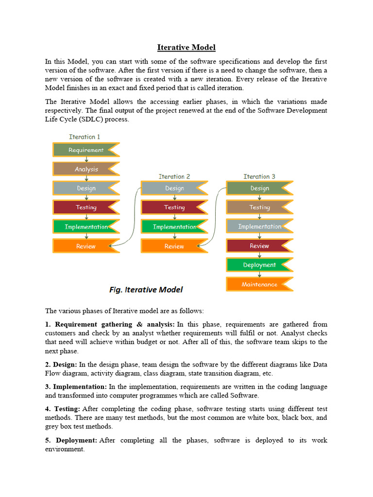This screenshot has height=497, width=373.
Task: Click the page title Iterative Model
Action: pos(186,47)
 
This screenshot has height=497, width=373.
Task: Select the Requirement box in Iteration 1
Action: pos(86,150)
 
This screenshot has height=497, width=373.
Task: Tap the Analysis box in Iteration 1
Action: pos(86,169)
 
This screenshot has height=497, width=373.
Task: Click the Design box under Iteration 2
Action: pos(174,188)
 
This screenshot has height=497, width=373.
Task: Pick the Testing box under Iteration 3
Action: pos(259,207)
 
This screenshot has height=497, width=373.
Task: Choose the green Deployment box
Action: pos(259,265)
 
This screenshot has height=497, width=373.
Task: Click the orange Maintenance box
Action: pos(259,284)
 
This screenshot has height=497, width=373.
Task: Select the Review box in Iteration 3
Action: pos(259,246)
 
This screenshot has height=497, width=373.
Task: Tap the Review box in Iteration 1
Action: pos(86,246)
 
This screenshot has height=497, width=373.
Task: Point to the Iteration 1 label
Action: pos(85,137)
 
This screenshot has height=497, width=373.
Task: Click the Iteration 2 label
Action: pos(174,177)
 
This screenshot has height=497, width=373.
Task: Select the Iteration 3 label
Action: pos(259,177)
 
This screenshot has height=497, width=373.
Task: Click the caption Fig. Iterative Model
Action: pos(146,290)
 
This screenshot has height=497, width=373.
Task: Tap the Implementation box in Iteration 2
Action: pos(174,227)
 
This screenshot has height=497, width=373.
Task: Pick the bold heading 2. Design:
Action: pos(61,364)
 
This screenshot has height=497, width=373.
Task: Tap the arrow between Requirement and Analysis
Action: pos(86,160)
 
